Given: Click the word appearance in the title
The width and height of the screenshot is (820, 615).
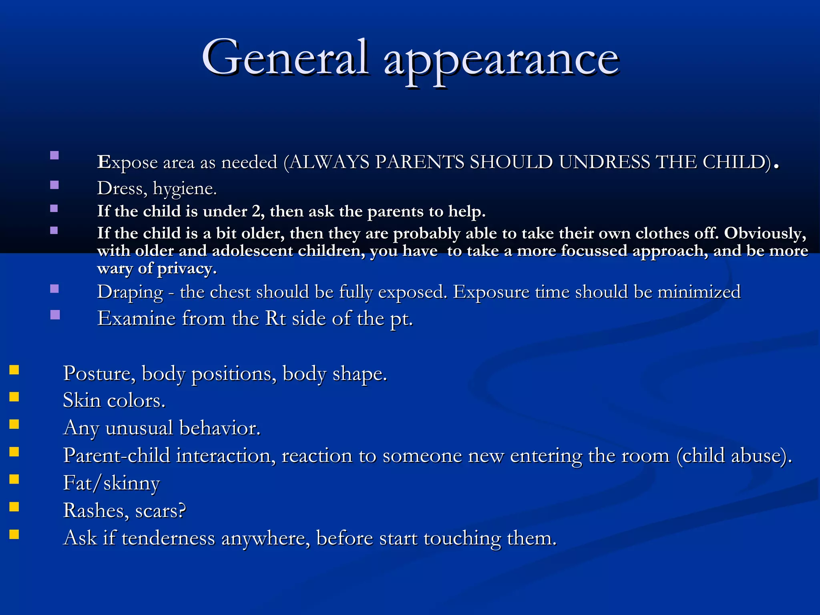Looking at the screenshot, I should (501, 60).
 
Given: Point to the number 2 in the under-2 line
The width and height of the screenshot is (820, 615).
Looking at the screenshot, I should (256, 211).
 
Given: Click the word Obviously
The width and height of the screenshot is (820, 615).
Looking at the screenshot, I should (765, 233).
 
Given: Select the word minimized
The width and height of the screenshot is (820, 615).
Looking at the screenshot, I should (699, 291).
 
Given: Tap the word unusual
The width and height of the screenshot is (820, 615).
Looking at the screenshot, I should (139, 428).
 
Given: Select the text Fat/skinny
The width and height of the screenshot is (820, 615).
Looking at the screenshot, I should (111, 483).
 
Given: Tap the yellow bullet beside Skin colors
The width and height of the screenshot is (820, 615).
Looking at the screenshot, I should (14, 397).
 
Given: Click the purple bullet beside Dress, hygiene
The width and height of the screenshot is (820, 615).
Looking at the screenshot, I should (54, 185).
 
